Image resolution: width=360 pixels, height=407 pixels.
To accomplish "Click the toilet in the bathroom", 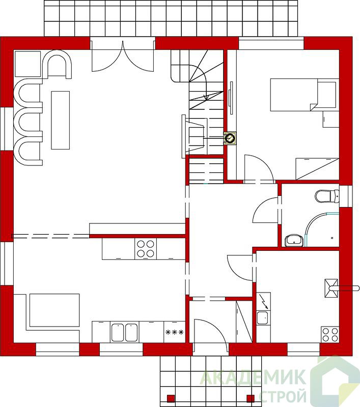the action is coord(327,196).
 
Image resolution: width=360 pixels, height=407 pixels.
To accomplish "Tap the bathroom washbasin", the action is coord(294,241).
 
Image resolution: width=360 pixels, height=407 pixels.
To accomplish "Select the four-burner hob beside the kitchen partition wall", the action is coord(146,249).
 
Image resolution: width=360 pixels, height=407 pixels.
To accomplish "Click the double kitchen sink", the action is coord(124,332).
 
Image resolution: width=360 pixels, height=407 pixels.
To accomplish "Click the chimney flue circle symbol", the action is coord(230,138).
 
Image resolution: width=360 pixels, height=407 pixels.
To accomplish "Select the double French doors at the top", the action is coord(123,56).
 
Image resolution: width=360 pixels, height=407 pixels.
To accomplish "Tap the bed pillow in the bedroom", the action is coord(327,95).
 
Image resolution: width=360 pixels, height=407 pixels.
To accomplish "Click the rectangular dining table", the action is coord(60,120).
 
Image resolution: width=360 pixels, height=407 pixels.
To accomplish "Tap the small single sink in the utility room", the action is coord(263,318).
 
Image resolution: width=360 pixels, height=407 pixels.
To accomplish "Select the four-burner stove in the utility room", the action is coord(330,335).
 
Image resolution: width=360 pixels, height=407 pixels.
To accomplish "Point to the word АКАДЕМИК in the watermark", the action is coord(253,377).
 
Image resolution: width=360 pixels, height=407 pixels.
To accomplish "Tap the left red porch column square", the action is coord(171,398).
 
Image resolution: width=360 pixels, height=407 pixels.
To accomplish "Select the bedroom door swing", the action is coord(259,167).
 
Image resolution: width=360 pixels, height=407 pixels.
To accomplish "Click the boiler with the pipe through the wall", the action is coord(331,288).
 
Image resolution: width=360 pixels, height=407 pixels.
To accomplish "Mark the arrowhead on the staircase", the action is coord(207,98).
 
